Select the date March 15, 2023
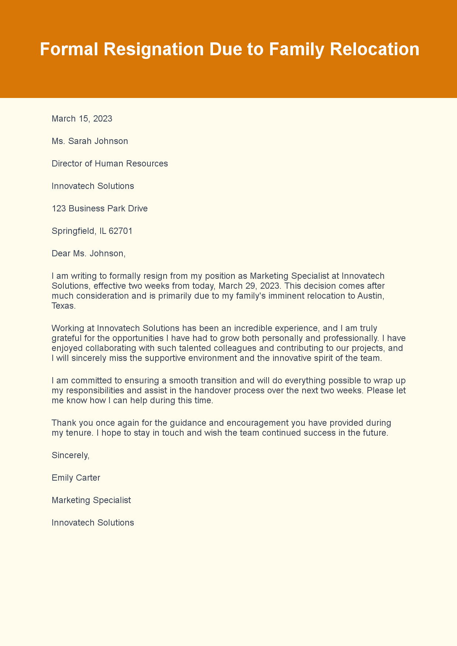[82, 119]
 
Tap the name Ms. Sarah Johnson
[90, 141]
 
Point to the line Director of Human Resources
[109, 164]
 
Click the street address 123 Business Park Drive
[100, 208]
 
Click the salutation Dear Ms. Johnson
[88, 253]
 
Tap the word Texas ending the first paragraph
[63, 306]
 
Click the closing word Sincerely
[70, 455]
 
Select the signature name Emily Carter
[76, 478]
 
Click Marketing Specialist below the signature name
[91, 500]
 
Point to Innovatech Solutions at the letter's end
[93, 523]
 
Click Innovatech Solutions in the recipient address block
[93, 186]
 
